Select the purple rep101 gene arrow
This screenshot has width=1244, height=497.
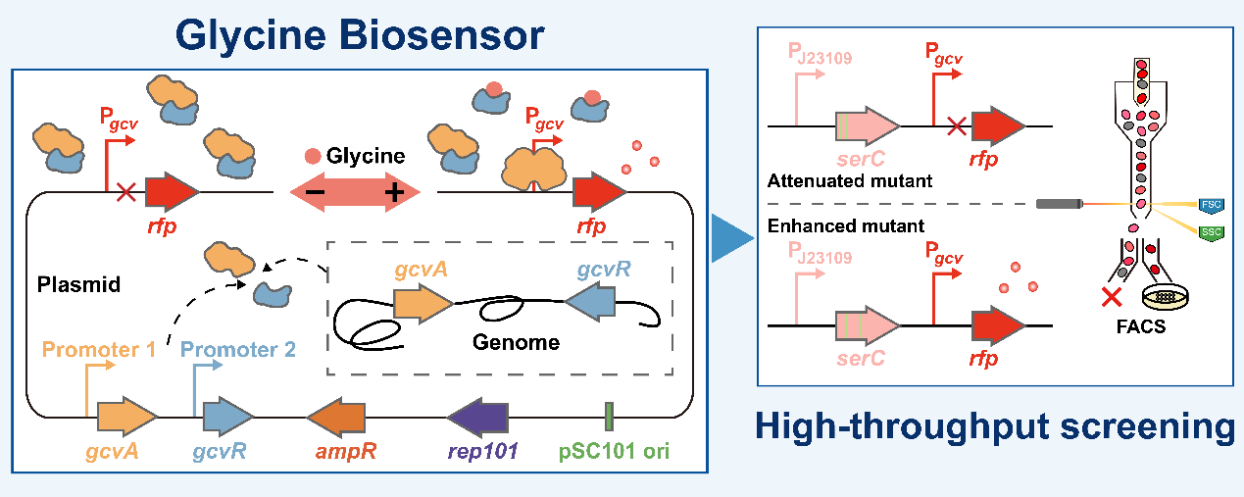click(x=477, y=419)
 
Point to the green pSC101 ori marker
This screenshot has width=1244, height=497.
click(x=609, y=417)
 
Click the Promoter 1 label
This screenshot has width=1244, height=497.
click(x=98, y=347)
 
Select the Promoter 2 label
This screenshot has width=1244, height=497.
click(x=238, y=347)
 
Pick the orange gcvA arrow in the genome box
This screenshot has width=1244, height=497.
click(x=423, y=304)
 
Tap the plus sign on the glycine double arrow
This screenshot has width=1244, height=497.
click(x=393, y=193)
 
